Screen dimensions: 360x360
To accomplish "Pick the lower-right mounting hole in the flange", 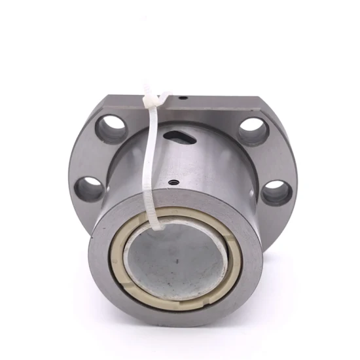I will coord(277,191).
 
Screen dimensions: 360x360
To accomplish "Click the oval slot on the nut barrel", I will coord(178,136).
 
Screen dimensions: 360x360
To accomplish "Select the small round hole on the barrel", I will coord(173,183).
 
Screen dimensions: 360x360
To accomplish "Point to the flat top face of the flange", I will coord(216,101).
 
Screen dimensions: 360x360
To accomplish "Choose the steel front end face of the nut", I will coord(105,275).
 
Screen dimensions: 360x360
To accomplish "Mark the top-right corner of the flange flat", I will coord(260,98).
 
